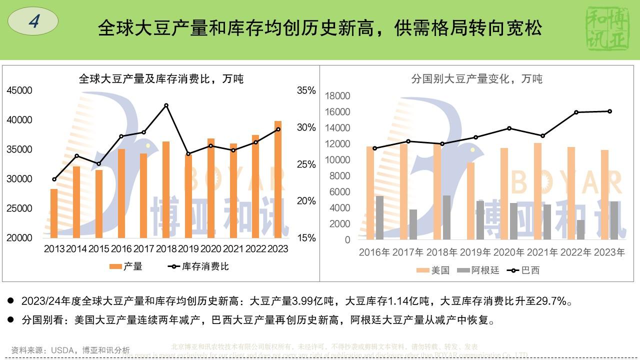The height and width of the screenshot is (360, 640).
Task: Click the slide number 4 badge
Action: tap(33, 21)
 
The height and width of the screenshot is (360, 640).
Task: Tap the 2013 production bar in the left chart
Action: tap(54, 213)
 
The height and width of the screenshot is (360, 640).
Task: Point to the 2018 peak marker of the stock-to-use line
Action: tap(166, 105)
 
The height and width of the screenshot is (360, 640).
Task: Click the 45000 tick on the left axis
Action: tap(19, 90)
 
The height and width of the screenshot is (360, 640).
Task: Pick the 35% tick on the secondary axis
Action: tap(306, 90)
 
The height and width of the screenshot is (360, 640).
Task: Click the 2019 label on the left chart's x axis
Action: tap(188, 248)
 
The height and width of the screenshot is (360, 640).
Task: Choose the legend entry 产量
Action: tap(126, 266)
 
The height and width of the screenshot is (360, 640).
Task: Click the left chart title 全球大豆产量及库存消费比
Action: tap(161, 78)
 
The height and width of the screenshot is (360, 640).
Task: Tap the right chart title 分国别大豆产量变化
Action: tap(476, 78)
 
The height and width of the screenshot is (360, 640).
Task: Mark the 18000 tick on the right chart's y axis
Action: tap(339, 96)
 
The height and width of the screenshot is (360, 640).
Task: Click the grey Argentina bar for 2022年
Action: tap(580, 229)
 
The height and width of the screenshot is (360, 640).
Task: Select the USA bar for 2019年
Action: tap(470, 200)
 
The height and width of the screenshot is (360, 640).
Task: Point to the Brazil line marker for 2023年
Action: tap(609, 111)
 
